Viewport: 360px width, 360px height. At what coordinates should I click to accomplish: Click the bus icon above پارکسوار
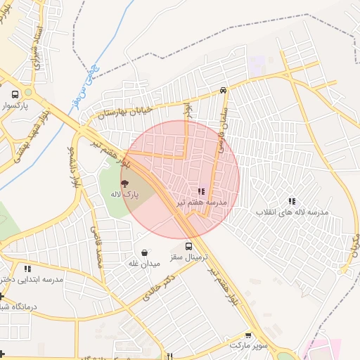[15, 94]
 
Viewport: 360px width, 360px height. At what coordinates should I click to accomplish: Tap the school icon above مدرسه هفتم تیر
[201, 191]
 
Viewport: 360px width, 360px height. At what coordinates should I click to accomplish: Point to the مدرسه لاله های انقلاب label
[292, 212]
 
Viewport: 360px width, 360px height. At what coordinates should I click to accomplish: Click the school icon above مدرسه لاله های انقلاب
[292, 201]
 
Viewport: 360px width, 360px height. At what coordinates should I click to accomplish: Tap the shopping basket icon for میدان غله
[144, 252]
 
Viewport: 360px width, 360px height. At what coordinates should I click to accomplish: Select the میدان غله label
[144, 264]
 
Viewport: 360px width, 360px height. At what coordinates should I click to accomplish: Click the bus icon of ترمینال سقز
[188, 246]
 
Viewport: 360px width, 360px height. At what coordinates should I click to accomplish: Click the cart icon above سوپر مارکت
[248, 335]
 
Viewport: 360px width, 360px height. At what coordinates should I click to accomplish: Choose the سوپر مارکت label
[248, 347]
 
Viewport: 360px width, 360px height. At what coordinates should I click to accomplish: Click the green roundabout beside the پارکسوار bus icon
[28, 92]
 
